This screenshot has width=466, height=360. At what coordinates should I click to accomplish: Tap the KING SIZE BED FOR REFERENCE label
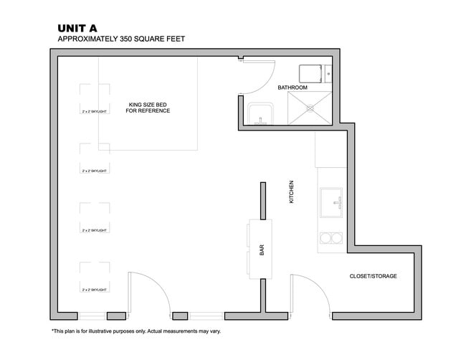tap(148, 107)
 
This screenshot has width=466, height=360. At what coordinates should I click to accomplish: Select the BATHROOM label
tap(293, 87)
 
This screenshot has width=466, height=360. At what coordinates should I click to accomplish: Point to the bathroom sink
tap(260, 114)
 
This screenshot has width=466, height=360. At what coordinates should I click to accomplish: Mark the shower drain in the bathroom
tap(311, 108)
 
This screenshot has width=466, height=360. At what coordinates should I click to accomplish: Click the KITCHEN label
tap(292, 191)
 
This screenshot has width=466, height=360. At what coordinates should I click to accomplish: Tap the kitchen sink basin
tap(331, 202)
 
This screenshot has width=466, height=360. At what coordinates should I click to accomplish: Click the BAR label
tap(262, 250)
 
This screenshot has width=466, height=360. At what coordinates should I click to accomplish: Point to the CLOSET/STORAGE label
tap(373, 276)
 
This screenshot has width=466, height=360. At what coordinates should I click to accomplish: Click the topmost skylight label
tap(95, 112)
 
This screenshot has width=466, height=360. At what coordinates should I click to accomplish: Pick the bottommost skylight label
tap(95, 289)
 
